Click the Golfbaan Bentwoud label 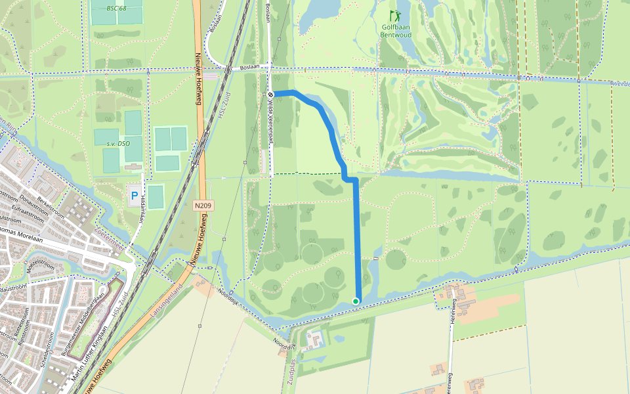click(x=396, y=31)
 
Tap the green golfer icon click(x=395, y=15)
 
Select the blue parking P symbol click(x=135, y=195)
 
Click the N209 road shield click(x=203, y=206)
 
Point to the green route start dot click(x=356, y=301)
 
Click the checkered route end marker click(x=270, y=95)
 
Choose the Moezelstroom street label click(x=33, y=265)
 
